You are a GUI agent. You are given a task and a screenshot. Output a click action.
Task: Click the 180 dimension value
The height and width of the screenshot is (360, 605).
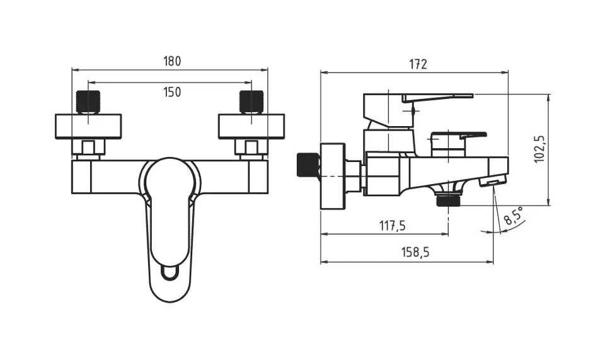172,61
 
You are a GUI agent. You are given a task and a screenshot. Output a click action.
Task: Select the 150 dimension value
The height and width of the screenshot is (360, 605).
172,92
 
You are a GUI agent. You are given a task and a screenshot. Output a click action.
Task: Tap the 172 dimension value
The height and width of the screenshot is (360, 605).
418,64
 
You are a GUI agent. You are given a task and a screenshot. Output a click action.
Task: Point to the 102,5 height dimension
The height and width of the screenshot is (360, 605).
539,149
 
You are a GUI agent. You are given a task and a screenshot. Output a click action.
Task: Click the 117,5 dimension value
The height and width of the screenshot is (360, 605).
393,225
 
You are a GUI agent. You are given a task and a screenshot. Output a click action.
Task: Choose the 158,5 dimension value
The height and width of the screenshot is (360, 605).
415,252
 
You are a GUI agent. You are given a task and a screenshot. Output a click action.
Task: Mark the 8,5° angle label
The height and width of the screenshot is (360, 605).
514,216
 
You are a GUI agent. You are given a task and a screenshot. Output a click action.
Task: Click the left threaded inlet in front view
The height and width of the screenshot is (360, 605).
88,102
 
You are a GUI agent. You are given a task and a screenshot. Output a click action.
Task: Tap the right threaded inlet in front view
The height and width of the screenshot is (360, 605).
251,102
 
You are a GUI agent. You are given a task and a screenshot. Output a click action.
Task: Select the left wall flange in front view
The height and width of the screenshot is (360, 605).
88,126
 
